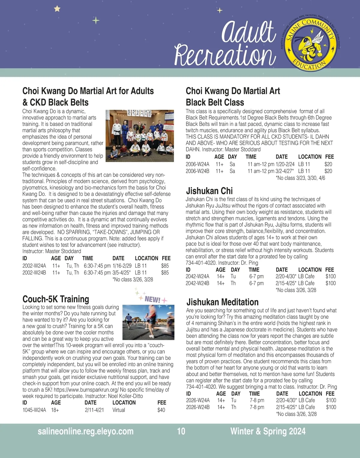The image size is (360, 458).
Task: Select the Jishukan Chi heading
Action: (209, 191)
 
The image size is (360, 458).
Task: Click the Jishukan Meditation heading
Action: (222, 302)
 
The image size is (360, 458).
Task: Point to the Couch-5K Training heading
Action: (56, 299)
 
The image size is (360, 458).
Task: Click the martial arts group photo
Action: (140, 136)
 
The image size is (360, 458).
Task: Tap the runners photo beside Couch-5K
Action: (148, 322)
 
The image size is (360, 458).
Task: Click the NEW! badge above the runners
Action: (152, 299)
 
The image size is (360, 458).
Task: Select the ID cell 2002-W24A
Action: (34, 266)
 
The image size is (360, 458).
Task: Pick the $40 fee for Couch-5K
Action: (161, 410)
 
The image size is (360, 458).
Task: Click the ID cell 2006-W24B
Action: (197, 171)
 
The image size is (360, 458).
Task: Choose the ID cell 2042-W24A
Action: (197, 276)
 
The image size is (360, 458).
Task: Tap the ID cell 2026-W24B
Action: (198, 407)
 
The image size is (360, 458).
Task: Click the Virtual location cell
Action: (119, 410)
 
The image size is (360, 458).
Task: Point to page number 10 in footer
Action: (181, 431)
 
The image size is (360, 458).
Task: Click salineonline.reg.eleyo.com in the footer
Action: (85, 431)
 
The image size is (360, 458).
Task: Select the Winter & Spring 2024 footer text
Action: (268, 431)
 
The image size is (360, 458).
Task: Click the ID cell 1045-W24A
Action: (34, 410)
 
